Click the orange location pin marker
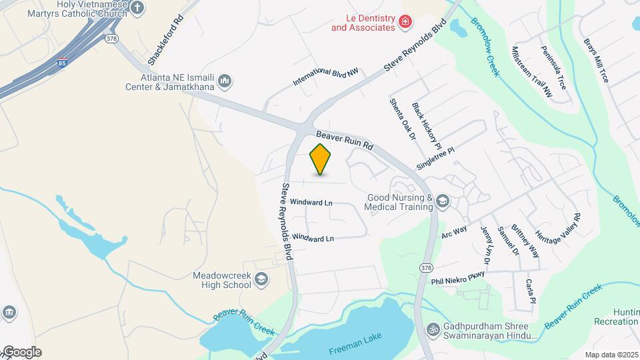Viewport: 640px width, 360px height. pyautogui.click(x=321, y=159)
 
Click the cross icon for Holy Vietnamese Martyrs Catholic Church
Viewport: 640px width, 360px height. pyautogui.click(x=137, y=8)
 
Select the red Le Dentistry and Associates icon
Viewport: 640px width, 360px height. pyautogui.click(x=404, y=23)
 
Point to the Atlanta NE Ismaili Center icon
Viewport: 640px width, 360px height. pyautogui.click(x=225, y=81)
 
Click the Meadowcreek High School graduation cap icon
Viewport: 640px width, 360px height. pyautogui.click(x=262, y=280)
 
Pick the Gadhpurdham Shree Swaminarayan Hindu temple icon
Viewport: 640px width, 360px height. pyautogui.click(x=433, y=329)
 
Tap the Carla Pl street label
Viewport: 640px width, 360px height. pyautogui.click(x=531, y=291)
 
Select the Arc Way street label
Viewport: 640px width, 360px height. pyautogui.click(x=454, y=231)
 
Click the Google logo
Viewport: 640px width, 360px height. pyautogui.click(x=21, y=352)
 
